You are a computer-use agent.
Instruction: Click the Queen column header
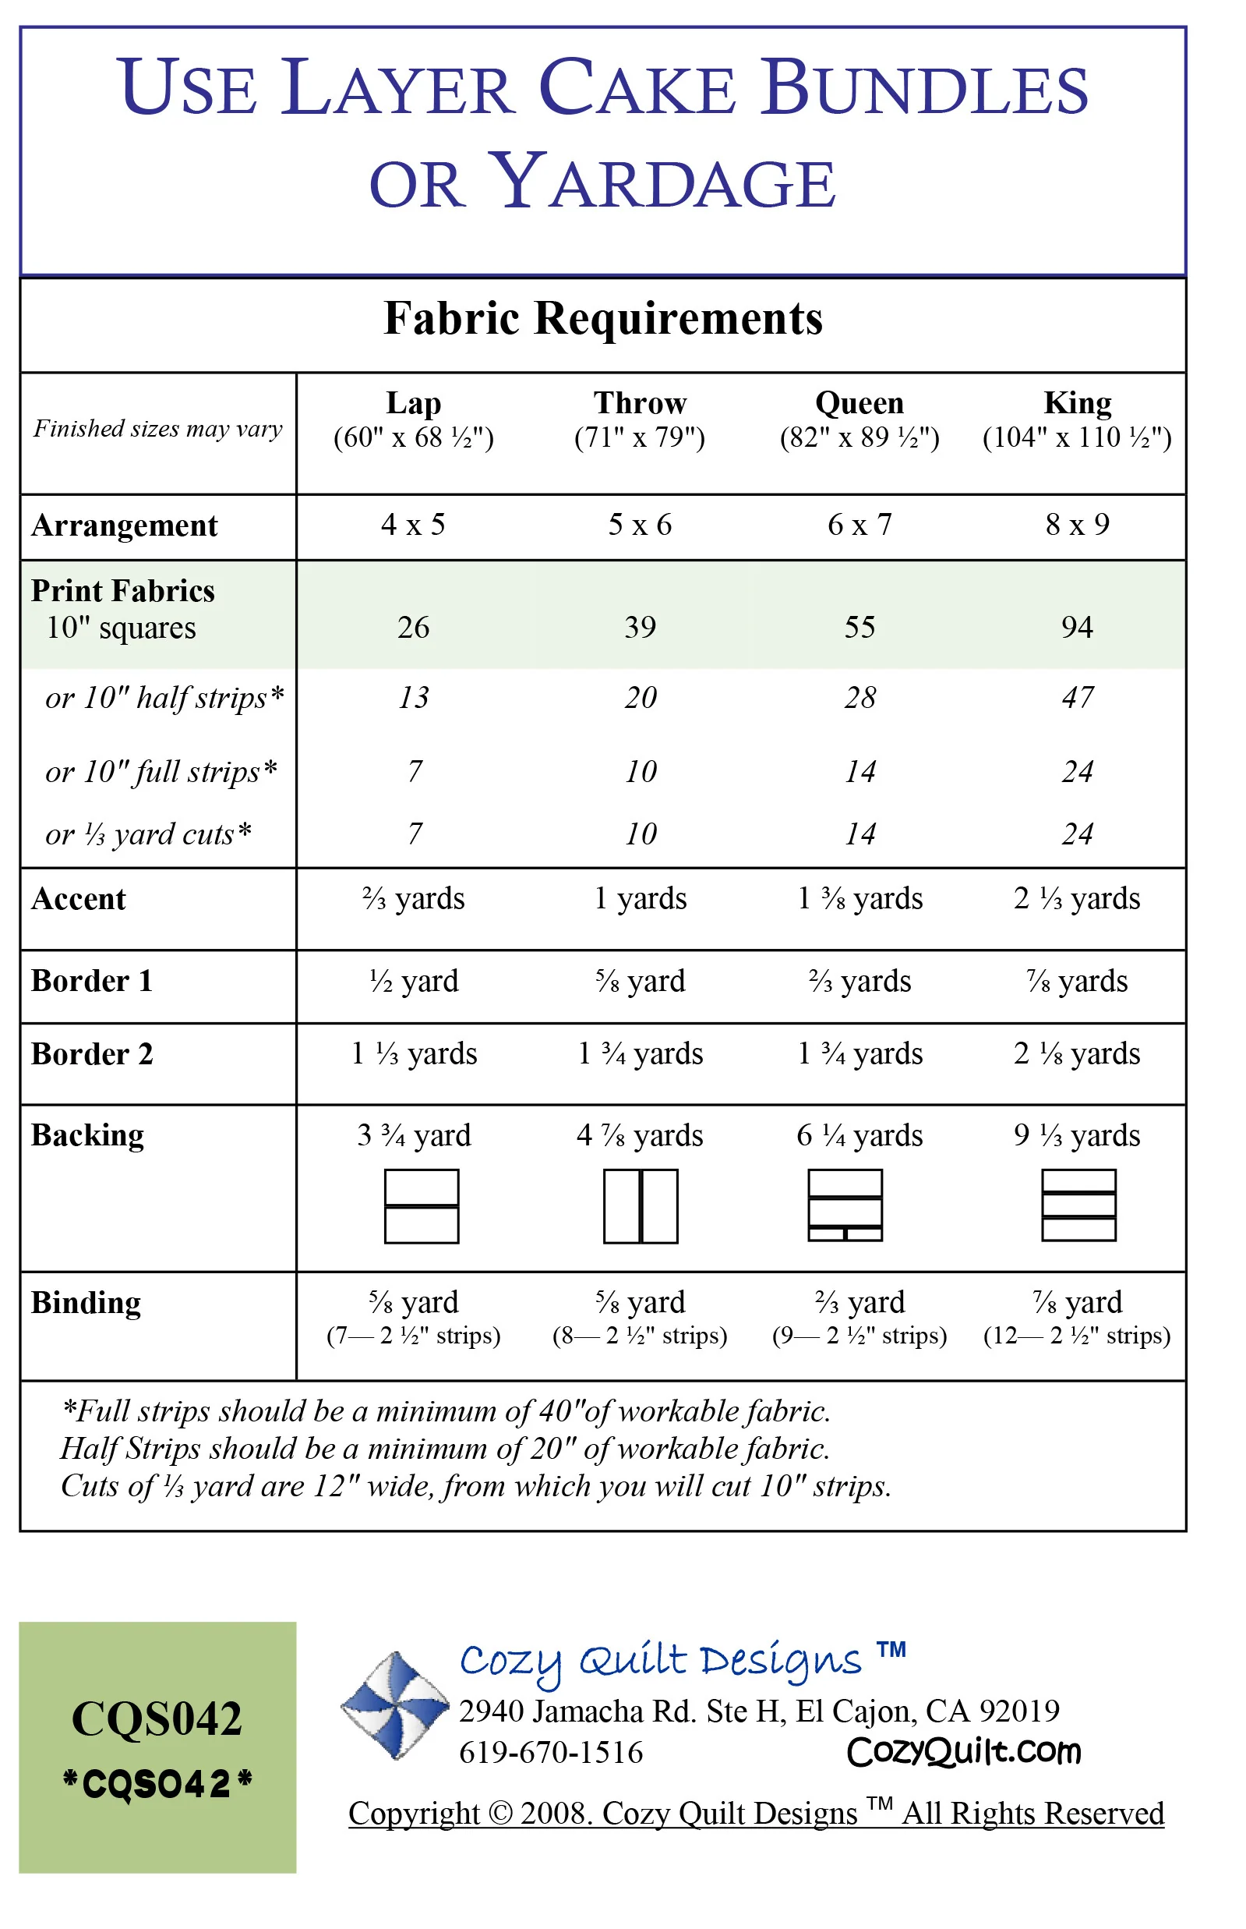coord(859,403)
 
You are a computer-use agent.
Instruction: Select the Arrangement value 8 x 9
coord(1077,525)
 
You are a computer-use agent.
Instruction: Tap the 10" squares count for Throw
coord(640,628)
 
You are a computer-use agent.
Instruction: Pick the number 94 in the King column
coord(1077,628)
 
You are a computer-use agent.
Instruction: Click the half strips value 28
coord(860,698)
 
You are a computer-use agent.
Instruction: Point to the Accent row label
coord(79,899)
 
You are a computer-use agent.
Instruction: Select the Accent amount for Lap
coord(414,898)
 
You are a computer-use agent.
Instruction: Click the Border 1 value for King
coord(1077,981)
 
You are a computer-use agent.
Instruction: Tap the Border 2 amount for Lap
coord(414,1054)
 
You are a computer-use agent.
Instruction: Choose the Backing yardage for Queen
coord(859,1136)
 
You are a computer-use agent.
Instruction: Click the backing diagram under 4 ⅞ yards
coord(640,1206)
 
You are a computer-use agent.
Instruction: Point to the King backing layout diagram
coord(1078,1205)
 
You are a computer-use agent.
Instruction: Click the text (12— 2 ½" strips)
coord(1077,1336)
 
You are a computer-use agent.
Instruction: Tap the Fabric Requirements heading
coord(603,318)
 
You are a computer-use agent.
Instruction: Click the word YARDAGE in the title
coord(663,182)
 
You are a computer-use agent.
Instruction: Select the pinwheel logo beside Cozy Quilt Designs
coord(395,1705)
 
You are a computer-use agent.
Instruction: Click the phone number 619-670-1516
coord(551,1754)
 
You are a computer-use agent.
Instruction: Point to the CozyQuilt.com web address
coord(964,1753)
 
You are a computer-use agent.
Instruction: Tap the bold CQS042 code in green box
coord(157,1718)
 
